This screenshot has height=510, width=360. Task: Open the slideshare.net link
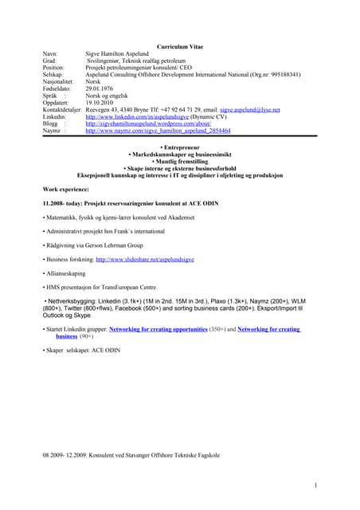click(x=148, y=260)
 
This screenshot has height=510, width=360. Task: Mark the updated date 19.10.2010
click(x=102, y=102)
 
